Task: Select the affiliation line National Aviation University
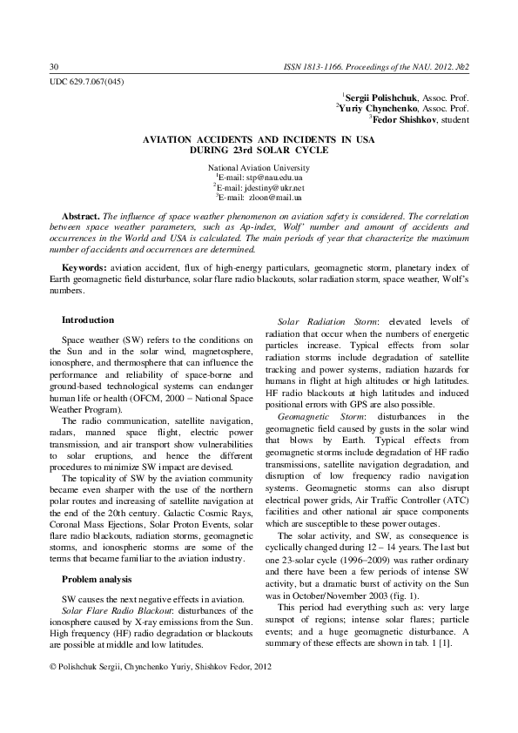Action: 259,166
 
